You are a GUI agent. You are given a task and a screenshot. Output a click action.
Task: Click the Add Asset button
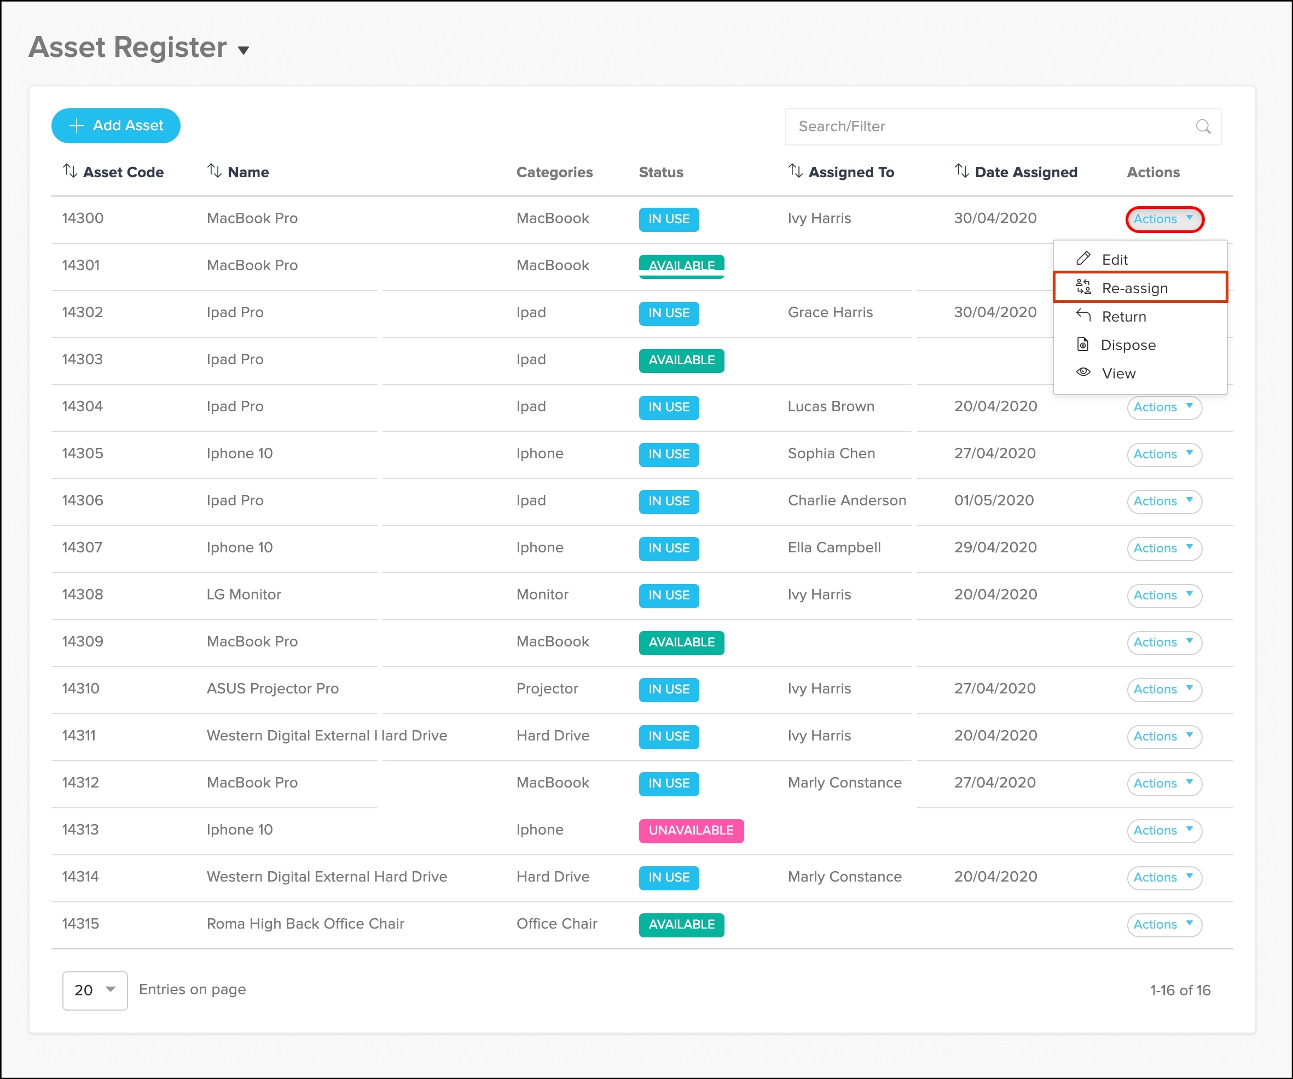point(116,126)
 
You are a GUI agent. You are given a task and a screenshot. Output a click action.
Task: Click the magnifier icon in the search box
point(1203,127)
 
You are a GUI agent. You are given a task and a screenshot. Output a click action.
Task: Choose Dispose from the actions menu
point(1127,345)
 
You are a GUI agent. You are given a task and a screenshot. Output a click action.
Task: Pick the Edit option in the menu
point(1114,259)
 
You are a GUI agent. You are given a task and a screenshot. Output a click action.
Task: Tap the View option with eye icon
point(1117,373)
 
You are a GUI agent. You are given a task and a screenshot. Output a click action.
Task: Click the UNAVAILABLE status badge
point(691,830)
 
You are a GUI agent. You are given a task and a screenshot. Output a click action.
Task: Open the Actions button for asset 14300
point(1164,219)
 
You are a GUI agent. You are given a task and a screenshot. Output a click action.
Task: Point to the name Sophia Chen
point(831,453)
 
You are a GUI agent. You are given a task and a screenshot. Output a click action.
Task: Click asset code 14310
point(80,689)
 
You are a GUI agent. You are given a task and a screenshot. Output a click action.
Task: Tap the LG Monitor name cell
point(244,594)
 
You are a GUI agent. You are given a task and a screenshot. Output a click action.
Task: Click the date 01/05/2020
point(994,500)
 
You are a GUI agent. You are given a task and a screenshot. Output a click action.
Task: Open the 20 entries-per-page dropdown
point(95,990)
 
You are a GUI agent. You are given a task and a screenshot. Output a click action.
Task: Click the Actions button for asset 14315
point(1164,924)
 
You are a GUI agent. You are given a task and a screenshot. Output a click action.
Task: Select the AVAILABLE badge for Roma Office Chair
point(681,924)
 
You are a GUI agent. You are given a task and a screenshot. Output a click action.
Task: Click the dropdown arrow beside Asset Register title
point(244,50)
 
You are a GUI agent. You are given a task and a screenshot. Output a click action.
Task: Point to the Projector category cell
point(547,689)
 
